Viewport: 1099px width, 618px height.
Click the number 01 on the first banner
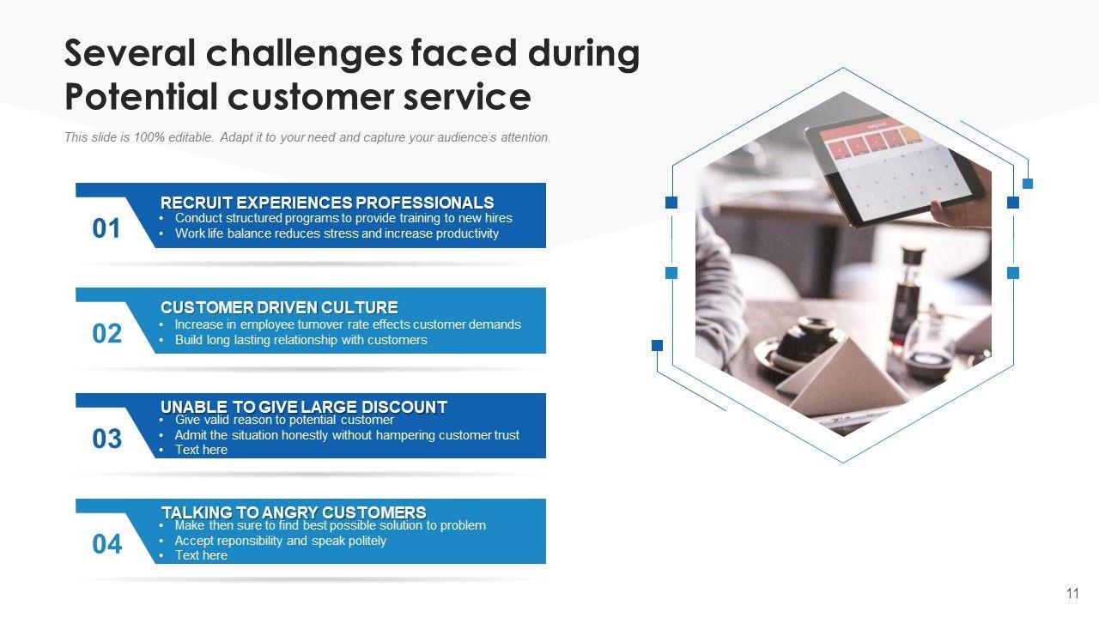(x=106, y=228)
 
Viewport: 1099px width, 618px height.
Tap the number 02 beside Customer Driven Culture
(x=107, y=334)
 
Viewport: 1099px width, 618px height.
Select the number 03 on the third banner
(x=107, y=439)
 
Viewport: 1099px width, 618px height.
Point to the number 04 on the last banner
(x=107, y=544)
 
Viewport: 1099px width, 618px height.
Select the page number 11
(x=1072, y=593)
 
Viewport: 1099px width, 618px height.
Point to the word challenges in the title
(x=304, y=54)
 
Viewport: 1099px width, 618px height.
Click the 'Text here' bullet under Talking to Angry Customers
(x=201, y=555)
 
